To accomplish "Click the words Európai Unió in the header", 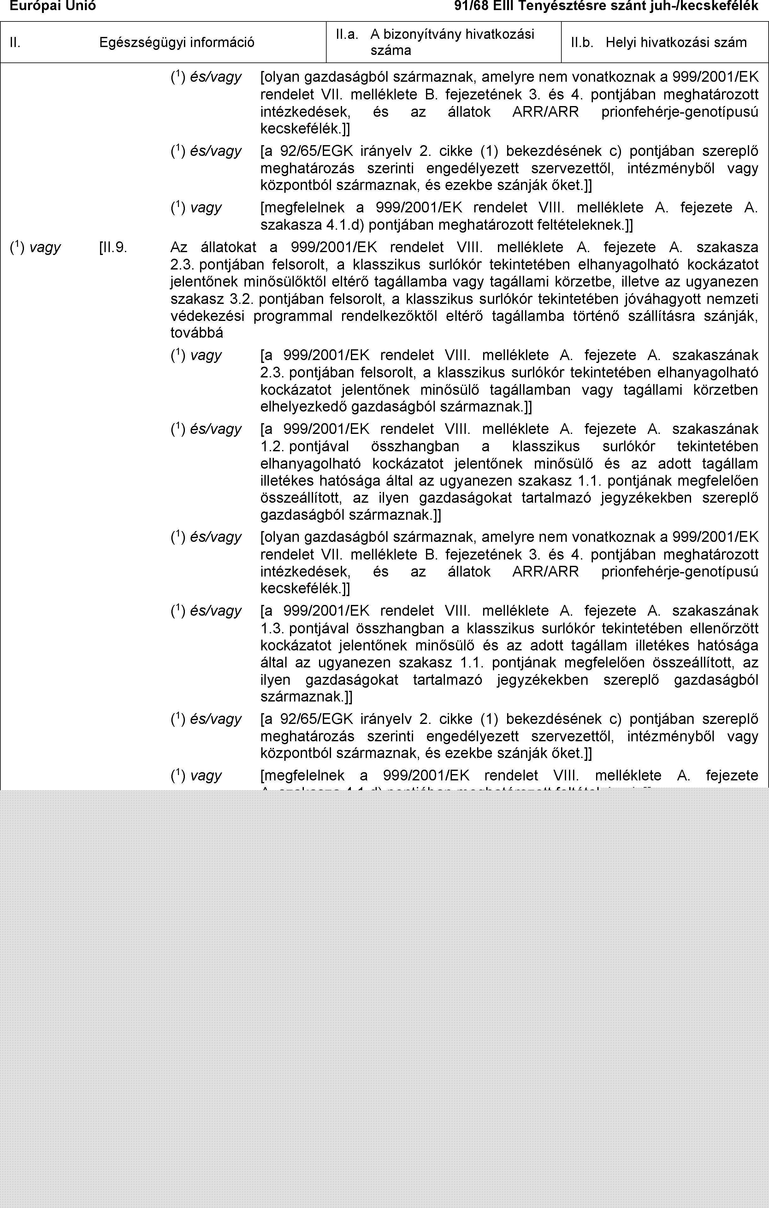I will tap(53, 6).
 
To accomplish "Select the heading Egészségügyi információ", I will tap(177, 43).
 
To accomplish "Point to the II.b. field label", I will tap(582, 43).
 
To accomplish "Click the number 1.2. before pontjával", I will tap(272, 446).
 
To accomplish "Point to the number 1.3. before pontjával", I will tap(272, 628).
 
